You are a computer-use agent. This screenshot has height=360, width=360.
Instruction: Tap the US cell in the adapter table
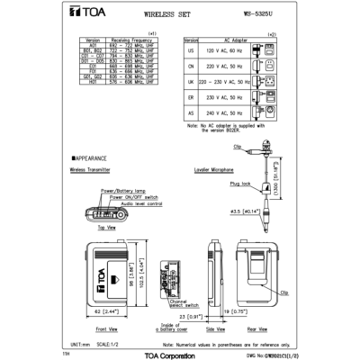coord(191,52)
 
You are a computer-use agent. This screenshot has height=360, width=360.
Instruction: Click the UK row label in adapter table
coord(191,94)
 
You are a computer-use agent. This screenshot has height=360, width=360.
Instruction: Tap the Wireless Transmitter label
coord(91,168)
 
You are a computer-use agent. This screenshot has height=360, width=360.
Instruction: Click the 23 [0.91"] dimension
coord(187,318)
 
